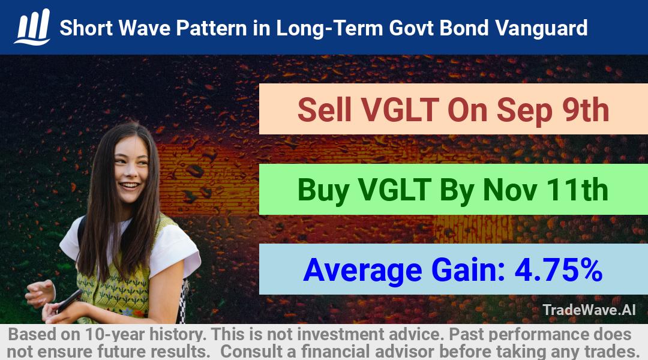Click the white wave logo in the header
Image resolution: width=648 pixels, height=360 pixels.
(32, 27)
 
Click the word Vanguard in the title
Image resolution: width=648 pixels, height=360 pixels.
(541, 28)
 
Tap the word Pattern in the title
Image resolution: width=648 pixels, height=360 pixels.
(212, 28)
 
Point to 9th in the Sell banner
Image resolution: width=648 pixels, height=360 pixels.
(586, 110)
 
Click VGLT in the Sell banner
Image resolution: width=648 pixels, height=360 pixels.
(400, 110)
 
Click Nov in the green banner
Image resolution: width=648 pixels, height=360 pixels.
(510, 190)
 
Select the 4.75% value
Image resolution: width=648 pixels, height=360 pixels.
(559, 270)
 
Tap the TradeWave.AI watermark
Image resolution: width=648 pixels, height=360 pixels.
(589, 310)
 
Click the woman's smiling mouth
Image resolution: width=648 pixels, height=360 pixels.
(130, 185)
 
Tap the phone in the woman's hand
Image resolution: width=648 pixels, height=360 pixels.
(69, 301)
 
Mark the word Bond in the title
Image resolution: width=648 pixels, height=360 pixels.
(464, 28)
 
